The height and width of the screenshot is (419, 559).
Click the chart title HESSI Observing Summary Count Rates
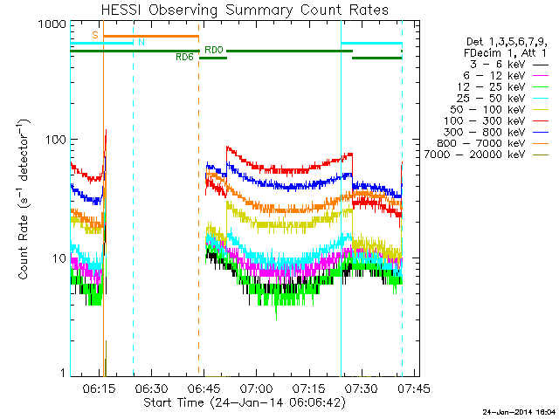click(x=245, y=10)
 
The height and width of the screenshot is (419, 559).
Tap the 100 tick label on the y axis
click(x=55, y=140)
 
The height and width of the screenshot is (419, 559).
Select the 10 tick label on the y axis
click(x=59, y=258)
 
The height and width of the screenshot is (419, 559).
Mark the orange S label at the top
click(x=94, y=34)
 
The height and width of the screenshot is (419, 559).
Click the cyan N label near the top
click(x=141, y=42)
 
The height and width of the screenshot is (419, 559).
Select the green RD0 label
click(x=213, y=50)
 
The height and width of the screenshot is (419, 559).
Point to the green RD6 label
click(x=184, y=58)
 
